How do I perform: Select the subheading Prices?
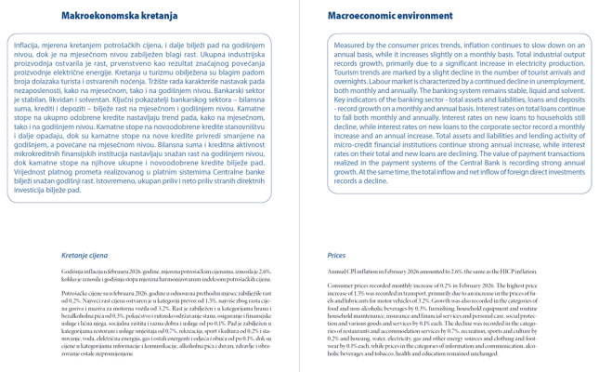pos(336,254)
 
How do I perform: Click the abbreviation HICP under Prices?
pos(517,271)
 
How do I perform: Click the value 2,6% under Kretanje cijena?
pos(264,271)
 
